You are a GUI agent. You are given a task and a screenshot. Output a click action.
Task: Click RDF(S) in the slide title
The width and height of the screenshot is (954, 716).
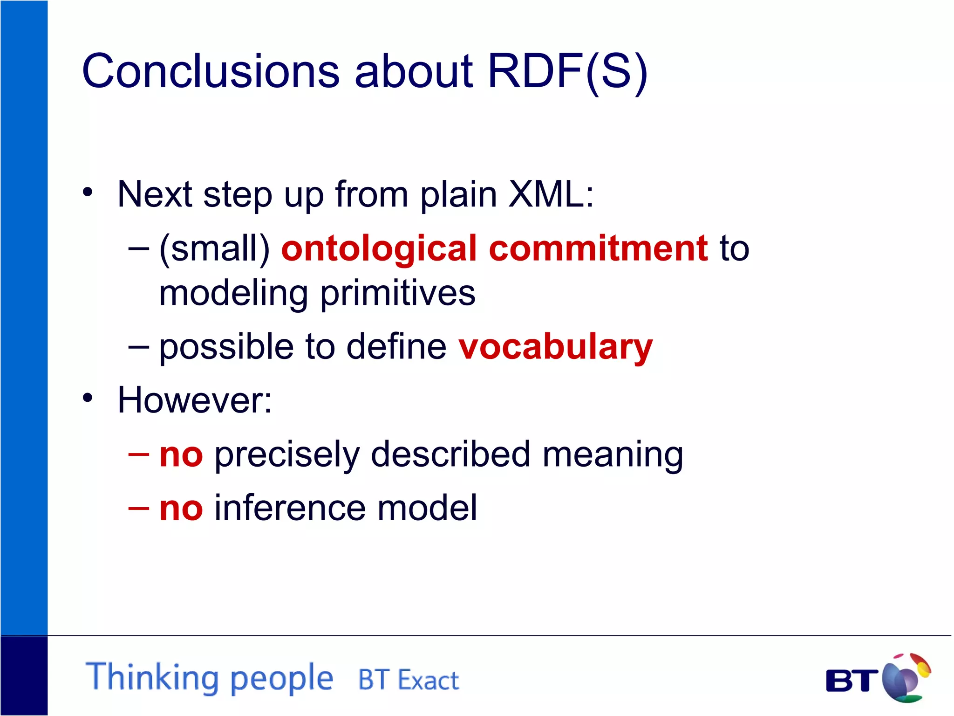[567, 72]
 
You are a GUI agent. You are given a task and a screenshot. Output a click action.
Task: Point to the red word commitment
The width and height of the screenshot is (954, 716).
[599, 248]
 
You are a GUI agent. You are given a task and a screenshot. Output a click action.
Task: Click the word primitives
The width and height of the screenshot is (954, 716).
[398, 294]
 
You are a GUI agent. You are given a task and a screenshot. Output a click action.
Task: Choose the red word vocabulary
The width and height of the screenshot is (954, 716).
[555, 347]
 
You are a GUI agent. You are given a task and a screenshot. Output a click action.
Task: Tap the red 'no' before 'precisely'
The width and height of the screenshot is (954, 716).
[181, 455]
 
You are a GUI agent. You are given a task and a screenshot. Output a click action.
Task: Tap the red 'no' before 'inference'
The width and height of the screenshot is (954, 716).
[181, 508]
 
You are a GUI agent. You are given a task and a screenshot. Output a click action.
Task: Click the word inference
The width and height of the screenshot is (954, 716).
[290, 508]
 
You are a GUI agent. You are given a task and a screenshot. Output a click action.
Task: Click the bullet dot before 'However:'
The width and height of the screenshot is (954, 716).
[88, 398]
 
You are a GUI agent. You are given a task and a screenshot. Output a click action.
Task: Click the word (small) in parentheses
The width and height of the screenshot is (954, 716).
[214, 248]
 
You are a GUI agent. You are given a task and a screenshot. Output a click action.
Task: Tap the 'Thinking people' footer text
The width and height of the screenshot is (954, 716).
[210, 677]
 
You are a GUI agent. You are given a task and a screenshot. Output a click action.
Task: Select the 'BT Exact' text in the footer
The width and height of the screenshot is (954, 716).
[408, 680]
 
